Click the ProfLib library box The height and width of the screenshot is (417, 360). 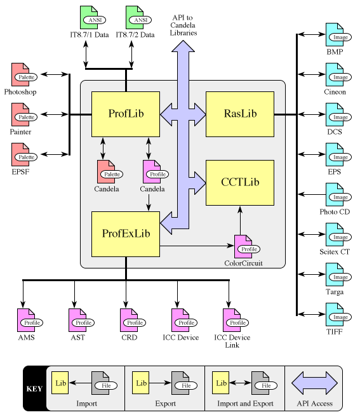126,114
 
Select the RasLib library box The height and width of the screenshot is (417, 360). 240,114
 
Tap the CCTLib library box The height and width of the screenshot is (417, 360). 240,183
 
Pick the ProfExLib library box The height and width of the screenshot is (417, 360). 126,234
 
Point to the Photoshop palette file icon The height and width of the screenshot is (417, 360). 24,75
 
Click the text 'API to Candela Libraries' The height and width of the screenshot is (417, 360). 183,25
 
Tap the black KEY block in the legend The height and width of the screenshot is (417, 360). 34,388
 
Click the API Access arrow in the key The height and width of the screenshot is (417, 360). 314,383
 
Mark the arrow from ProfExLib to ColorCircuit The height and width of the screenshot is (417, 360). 197,246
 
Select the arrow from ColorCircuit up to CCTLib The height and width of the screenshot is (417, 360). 240,220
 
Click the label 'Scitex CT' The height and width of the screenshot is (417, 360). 335,251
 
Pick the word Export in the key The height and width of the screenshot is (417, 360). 165,404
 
